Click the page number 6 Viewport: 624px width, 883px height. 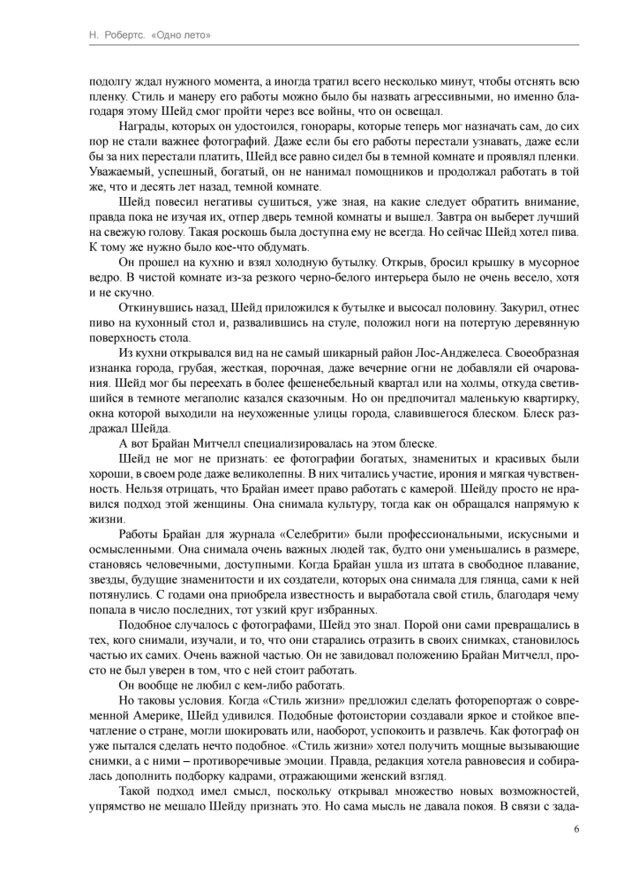coord(576,829)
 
